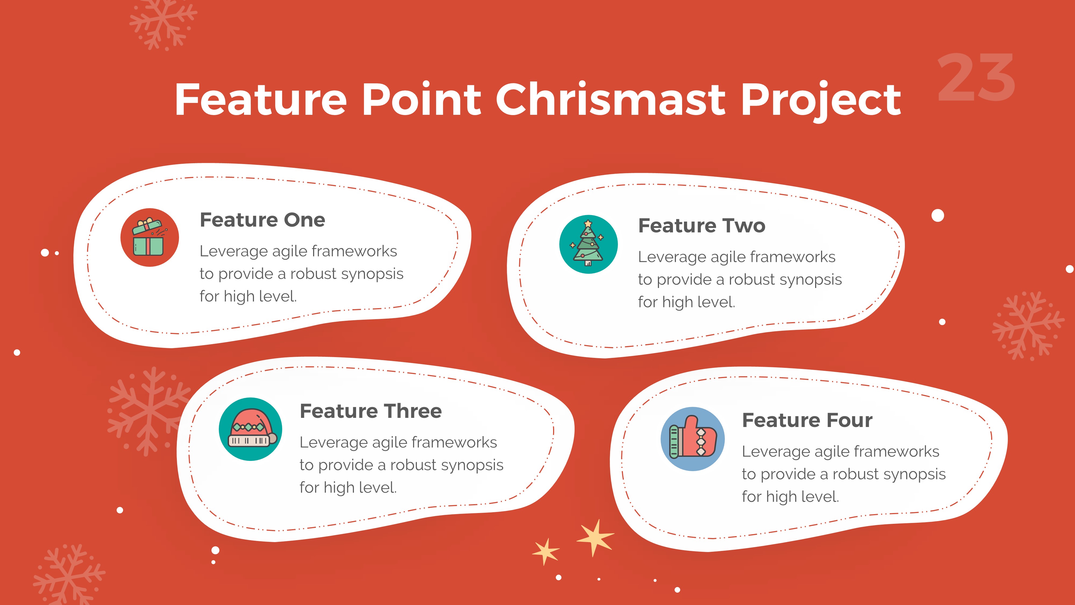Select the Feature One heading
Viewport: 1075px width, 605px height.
[x=262, y=220]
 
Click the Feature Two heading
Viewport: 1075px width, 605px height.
[x=701, y=226]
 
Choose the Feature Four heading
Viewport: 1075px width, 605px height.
[x=807, y=420]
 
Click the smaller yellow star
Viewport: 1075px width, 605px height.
[x=546, y=551]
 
